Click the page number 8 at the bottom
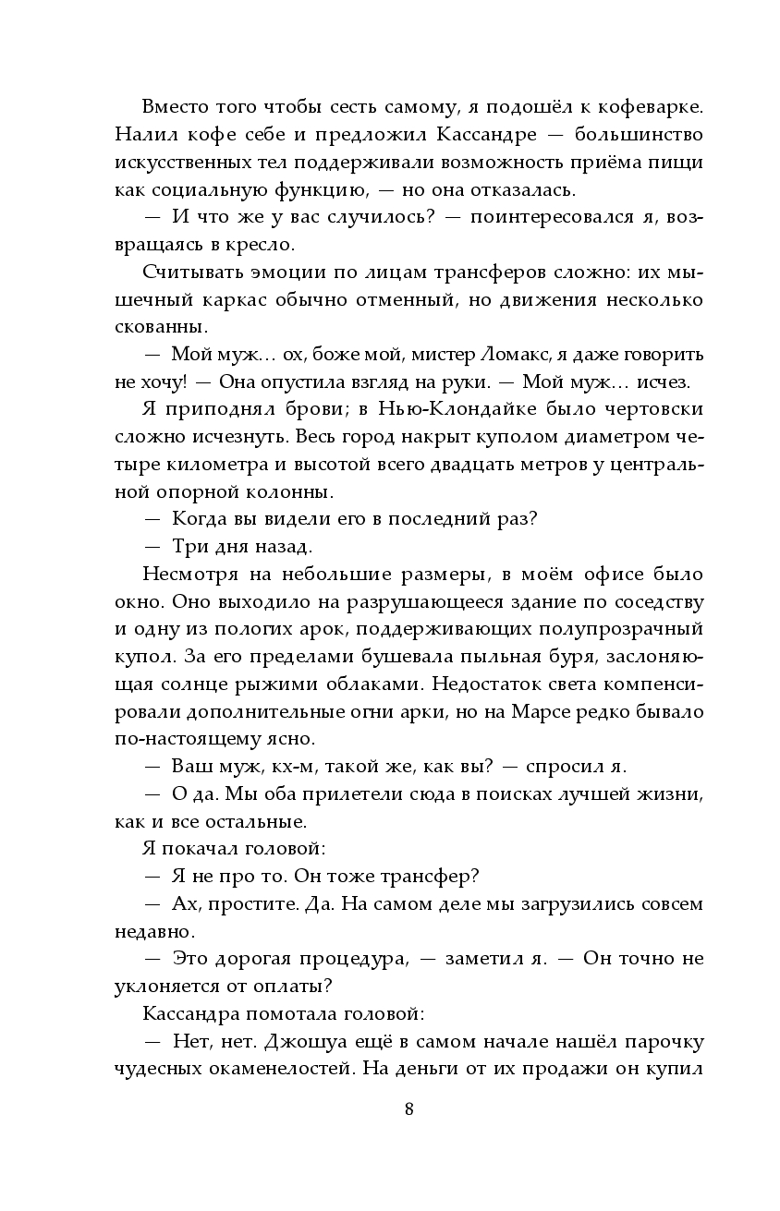click(408, 1109)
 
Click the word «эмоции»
click(269, 273)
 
